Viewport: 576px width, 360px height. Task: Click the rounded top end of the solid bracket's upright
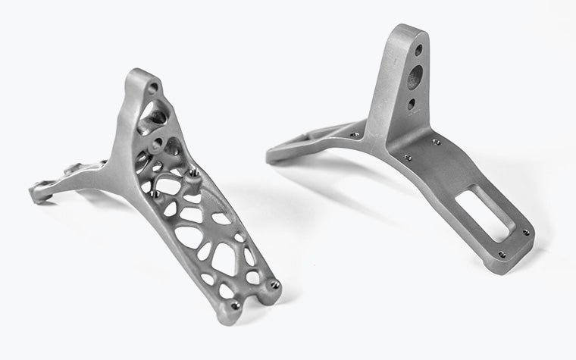pyautogui.click(x=409, y=32)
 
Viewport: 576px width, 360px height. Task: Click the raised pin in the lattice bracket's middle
pyautogui.click(x=196, y=171)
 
